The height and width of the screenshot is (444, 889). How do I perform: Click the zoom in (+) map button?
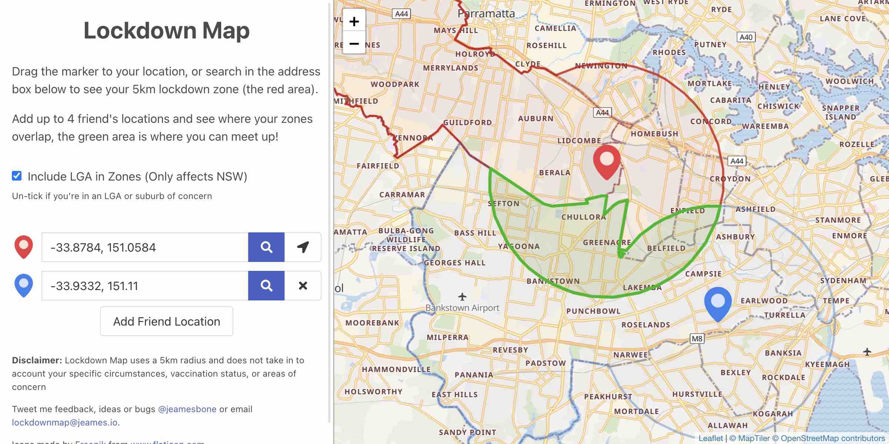(x=354, y=21)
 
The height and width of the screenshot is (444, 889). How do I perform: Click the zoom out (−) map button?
(x=354, y=44)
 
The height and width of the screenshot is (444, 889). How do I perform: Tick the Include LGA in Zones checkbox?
(x=17, y=176)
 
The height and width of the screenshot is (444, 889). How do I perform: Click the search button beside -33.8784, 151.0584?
(x=266, y=247)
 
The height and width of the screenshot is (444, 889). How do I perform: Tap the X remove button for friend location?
(x=303, y=286)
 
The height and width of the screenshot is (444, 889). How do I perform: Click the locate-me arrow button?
(x=303, y=247)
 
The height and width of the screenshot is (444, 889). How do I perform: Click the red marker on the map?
(x=607, y=161)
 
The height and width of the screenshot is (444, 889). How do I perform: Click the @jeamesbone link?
(x=187, y=409)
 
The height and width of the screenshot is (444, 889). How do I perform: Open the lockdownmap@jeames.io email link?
(x=66, y=423)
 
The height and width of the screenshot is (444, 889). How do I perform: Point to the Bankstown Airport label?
(x=462, y=308)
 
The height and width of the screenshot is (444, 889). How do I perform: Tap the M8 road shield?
(x=697, y=339)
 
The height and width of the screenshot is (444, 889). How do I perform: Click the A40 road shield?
(x=746, y=37)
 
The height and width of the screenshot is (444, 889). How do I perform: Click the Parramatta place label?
(x=486, y=14)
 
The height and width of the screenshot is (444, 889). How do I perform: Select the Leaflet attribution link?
(x=710, y=438)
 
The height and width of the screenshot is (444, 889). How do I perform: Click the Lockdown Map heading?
(x=167, y=30)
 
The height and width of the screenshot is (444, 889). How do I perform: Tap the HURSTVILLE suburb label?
(x=697, y=394)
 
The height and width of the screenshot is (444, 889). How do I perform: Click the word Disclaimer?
(x=37, y=360)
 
